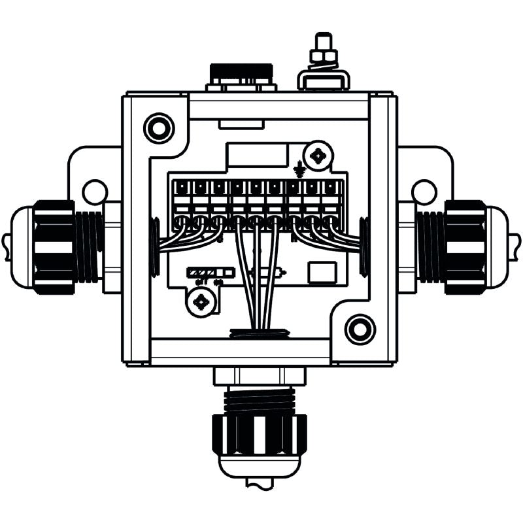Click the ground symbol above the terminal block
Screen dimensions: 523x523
[x=300, y=169]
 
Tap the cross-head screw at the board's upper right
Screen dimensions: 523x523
[x=319, y=156]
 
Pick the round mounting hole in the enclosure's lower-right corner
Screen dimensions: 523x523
[x=360, y=329]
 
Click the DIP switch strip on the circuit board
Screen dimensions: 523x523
[x=211, y=271]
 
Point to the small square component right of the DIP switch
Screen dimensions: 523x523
[x=321, y=273]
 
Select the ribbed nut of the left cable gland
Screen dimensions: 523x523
[x=54, y=246]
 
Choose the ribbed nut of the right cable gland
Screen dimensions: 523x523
[x=465, y=246]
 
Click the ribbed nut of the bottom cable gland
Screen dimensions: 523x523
[x=258, y=435]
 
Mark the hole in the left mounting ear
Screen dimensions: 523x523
[x=95, y=192]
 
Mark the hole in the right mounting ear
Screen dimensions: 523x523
[x=424, y=192]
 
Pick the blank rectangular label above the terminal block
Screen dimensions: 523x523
[x=256, y=156]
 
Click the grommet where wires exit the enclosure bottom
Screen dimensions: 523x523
[x=260, y=333]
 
